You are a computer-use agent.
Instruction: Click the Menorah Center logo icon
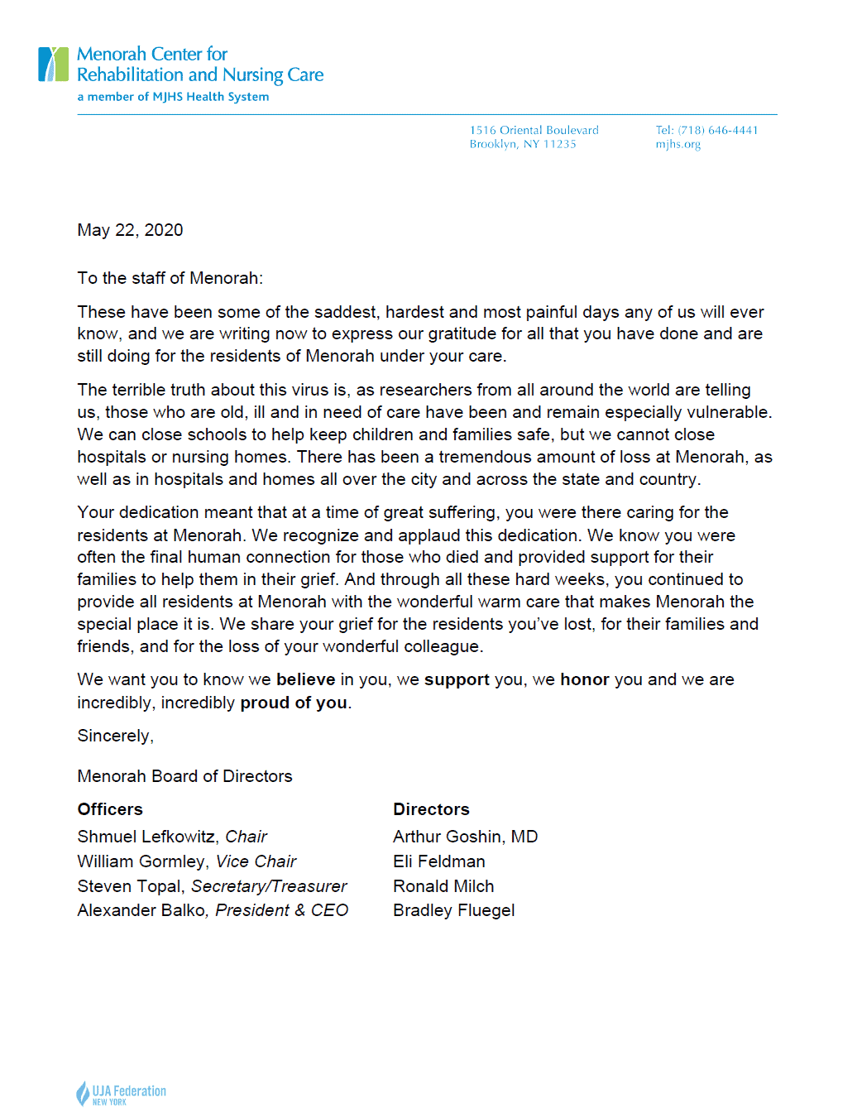pyautogui.click(x=53, y=65)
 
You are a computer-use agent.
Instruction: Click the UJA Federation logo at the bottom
pyautogui.click(x=121, y=1093)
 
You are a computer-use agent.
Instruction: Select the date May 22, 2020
pyautogui.click(x=130, y=230)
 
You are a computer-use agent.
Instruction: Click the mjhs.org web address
pyautogui.click(x=677, y=144)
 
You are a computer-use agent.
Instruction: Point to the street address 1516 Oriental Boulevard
pyautogui.click(x=534, y=130)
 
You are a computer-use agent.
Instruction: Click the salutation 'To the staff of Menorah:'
pyautogui.click(x=170, y=278)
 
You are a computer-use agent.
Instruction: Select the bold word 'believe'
pyautogui.click(x=305, y=679)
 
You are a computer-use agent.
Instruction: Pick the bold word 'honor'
pyautogui.click(x=584, y=679)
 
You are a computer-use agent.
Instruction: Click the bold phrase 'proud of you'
pyautogui.click(x=293, y=703)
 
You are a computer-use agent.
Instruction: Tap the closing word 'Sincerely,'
pyautogui.click(x=115, y=736)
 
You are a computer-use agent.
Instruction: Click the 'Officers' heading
pyautogui.click(x=110, y=809)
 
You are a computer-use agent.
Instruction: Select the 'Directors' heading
pyautogui.click(x=431, y=809)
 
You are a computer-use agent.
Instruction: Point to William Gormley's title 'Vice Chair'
pyautogui.click(x=256, y=861)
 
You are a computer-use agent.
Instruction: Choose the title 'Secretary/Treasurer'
pyautogui.click(x=269, y=886)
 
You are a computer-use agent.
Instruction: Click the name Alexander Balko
pyautogui.click(x=141, y=910)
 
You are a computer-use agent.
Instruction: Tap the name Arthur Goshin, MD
pyautogui.click(x=465, y=837)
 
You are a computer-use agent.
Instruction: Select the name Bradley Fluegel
pyautogui.click(x=453, y=910)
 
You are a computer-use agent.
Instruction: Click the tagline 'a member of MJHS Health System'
pyautogui.click(x=173, y=97)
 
